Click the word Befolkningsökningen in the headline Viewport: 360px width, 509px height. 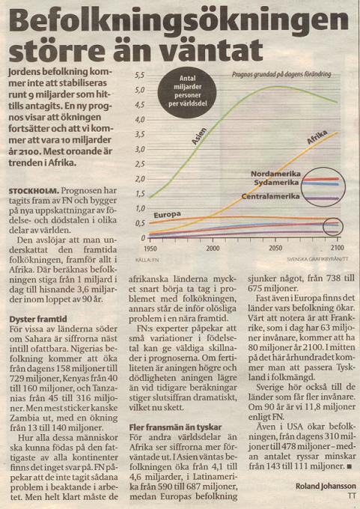179,22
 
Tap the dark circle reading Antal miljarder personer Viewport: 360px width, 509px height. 187,92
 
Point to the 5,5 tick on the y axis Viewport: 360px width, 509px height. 140,76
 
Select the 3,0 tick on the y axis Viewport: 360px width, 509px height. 140,150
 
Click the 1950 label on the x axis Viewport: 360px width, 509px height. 150,249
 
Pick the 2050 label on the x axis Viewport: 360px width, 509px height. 275,249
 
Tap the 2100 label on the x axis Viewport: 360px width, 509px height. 338,248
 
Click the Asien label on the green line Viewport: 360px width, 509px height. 199,136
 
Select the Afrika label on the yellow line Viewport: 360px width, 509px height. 317,137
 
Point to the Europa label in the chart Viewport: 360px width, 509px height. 167,215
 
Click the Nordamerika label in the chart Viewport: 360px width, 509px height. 275,174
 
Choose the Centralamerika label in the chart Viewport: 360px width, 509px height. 270,196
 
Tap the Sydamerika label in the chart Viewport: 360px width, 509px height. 276,183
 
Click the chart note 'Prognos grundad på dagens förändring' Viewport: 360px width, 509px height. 281,74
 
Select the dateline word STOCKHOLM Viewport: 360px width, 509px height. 34,191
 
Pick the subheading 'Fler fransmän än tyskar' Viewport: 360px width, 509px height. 175,427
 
